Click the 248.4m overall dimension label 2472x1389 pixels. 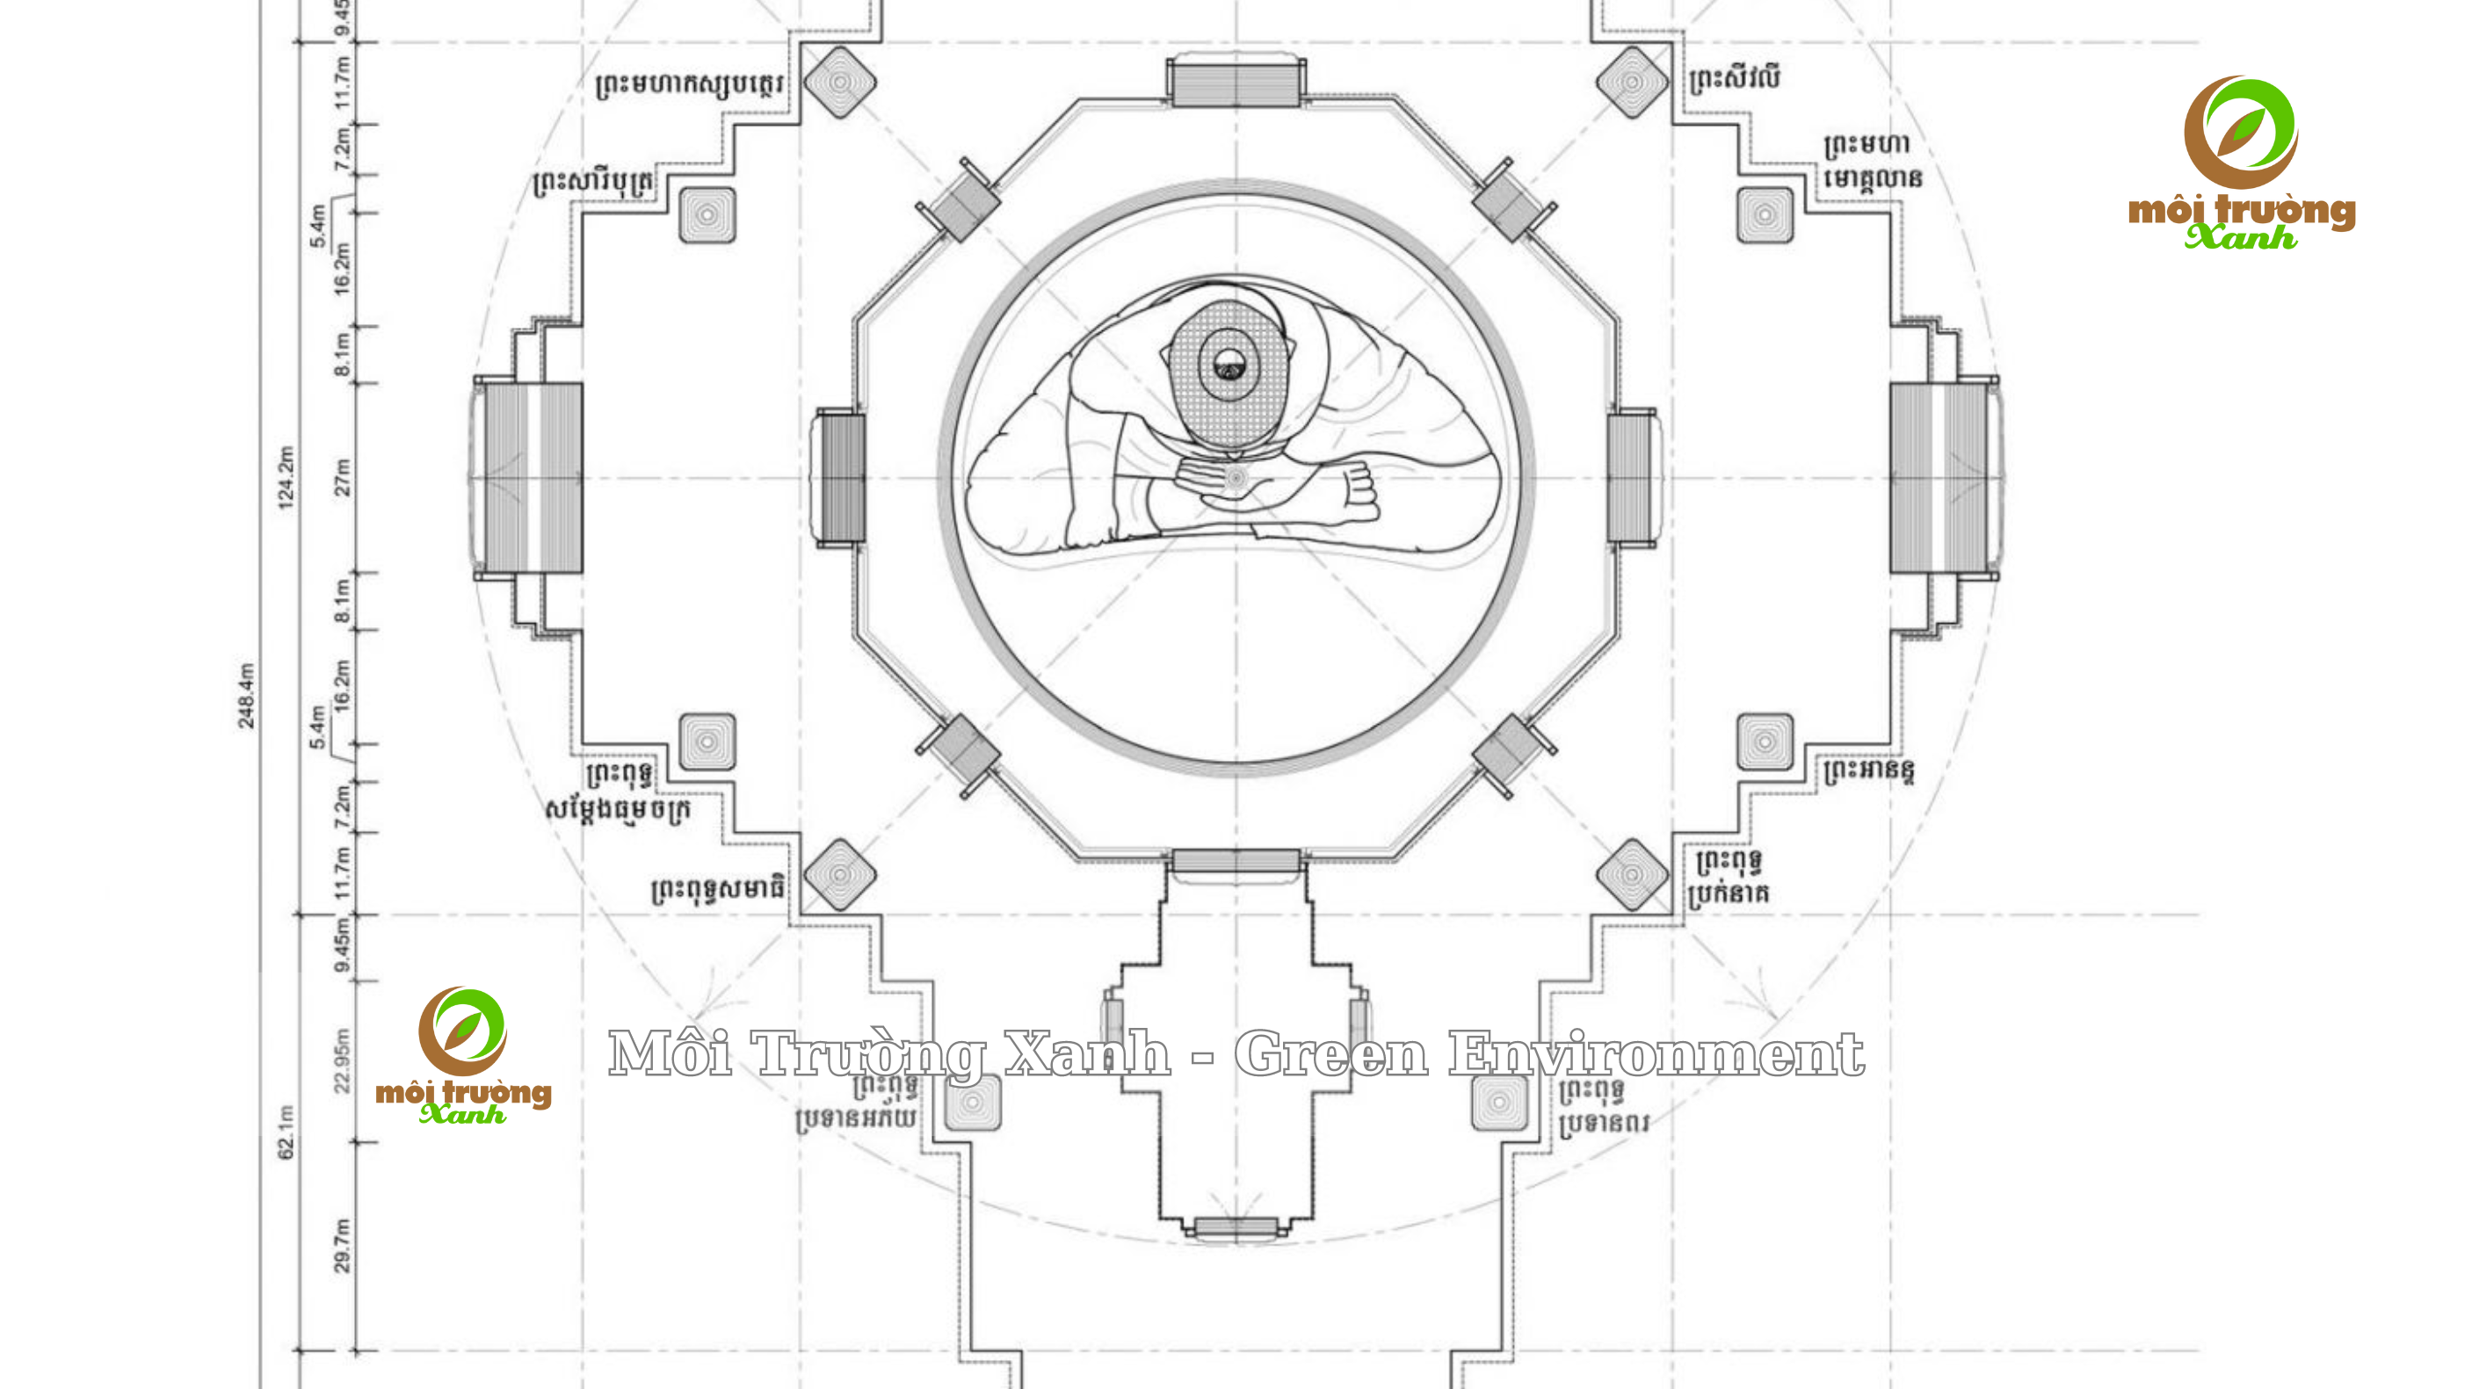tap(247, 696)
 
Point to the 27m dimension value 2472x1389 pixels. tap(343, 477)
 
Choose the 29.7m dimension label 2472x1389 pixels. tap(343, 1246)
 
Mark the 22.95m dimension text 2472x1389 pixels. tap(343, 1061)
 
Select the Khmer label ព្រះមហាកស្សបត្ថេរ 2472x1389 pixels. tap(689, 84)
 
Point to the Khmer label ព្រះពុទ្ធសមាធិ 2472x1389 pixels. tap(718, 889)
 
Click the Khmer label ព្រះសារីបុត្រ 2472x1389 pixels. tap(595, 182)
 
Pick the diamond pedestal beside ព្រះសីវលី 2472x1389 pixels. tap(1632, 83)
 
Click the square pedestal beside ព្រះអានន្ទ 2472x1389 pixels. tap(1765, 742)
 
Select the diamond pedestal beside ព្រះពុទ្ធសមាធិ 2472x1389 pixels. tap(840, 875)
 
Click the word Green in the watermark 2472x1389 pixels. tap(1331, 1053)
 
